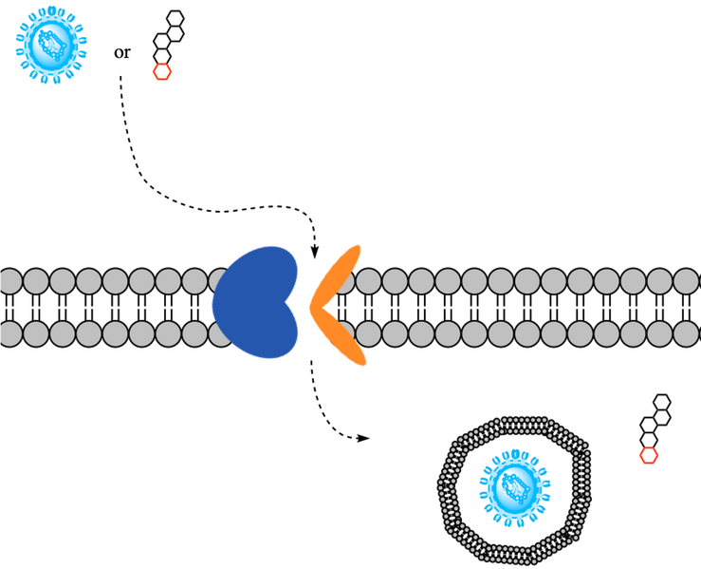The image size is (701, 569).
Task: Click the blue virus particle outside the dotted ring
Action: click(50, 43)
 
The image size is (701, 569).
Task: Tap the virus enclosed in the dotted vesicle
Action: click(514, 487)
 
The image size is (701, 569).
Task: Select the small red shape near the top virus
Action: click(162, 72)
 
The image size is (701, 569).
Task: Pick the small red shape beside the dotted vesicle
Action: click(648, 456)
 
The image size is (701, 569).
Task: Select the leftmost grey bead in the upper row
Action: click(9, 281)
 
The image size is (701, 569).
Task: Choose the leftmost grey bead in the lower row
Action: click(9, 334)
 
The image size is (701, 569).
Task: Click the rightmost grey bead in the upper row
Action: click(686, 281)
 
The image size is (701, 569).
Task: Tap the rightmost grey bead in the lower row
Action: click(686, 334)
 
